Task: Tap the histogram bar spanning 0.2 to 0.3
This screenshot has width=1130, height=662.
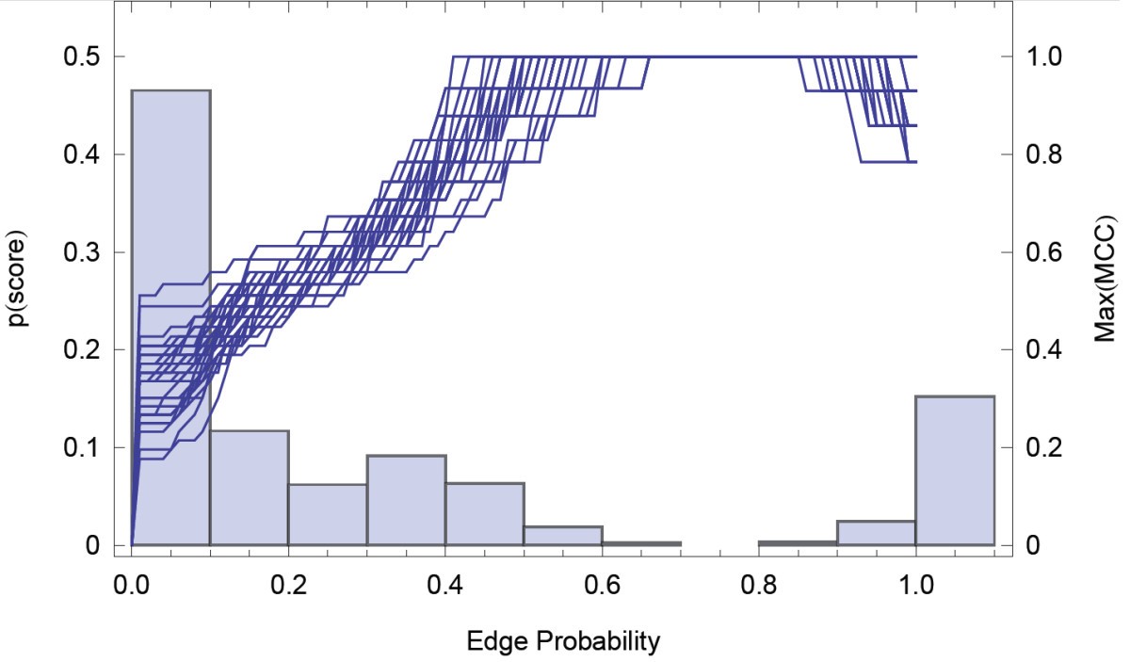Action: (x=328, y=514)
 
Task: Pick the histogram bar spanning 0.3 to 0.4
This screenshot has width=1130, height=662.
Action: (x=406, y=500)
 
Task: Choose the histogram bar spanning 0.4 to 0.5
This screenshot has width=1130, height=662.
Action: (x=485, y=514)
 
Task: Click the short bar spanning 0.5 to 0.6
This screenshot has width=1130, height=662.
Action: (x=563, y=536)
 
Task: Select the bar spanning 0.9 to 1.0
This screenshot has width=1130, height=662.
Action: (x=877, y=533)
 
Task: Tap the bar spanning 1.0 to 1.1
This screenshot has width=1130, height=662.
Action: (x=955, y=471)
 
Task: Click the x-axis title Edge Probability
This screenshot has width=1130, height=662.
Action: (x=563, y=642)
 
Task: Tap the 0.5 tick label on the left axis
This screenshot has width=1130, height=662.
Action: (x=82, y=57)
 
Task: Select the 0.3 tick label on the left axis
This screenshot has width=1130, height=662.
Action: (x=82, y=252)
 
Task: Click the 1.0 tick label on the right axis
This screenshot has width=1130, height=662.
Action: (x=1046, y=57)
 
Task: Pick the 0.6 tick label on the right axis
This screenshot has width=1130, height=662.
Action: (x=1046, y=252)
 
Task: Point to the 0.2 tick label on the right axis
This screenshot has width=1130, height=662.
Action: (x=1046, y=447)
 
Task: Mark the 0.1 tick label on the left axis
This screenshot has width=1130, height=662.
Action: (x=82, y=447)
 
